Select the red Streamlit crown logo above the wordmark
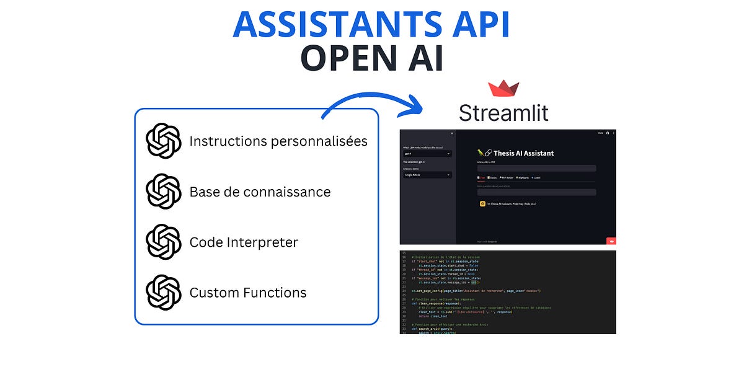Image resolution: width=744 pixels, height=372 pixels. click(503, 89)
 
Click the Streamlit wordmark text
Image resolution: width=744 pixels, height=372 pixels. click(503, 113)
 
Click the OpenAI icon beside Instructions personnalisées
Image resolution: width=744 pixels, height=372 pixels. click(164, 141)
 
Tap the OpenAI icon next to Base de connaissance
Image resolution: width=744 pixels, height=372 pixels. click(164, 192)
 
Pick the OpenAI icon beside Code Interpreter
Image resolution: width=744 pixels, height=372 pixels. click(164, 242)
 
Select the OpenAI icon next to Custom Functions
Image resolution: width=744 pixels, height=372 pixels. click(164, 292)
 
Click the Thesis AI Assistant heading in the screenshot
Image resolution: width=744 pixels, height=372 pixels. click(524, 153)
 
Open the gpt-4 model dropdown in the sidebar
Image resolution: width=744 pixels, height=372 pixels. click(427, 153)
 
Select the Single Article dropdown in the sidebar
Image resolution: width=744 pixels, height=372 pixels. click(427, 175)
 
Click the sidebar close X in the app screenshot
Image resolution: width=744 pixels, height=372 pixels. click(451, 133)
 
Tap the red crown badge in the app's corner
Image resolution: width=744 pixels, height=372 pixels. click(610, 241)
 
